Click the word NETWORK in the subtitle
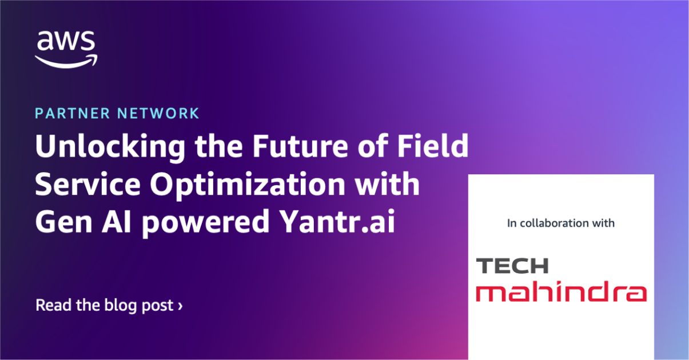point(158,113)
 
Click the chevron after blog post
point(181,306)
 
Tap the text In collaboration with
point(560,223)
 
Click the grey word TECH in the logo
point(512,266)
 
